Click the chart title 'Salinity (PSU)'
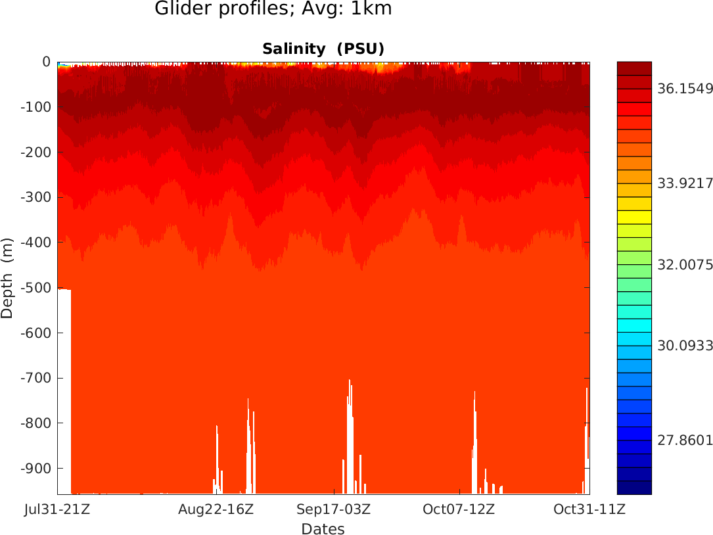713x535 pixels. [x=323, y=49]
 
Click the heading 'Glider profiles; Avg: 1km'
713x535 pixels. [x=273, y=9]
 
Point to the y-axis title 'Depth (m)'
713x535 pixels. [x=7, y=277]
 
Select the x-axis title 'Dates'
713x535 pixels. [x=323, y=529]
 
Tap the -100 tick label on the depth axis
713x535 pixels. [x=37, y=107]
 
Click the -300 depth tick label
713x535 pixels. [x=37, y=197]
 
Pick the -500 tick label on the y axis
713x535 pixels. [x=37, y=288]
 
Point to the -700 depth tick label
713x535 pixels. [x=37, y=378]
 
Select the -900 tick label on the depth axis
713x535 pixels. [x=37, y=468]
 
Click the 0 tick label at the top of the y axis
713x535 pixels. [x=46, y=62]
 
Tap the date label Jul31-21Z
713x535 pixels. [x=57, y=509]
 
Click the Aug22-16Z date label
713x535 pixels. [x=216, y=509]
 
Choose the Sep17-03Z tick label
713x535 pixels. [x=334, y=509]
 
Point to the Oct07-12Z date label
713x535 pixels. [x=459, y=509]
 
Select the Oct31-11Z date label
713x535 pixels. [x=589, y=509]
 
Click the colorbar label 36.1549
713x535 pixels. [x=685, y=89]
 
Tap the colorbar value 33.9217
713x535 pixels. [x=685, y=183]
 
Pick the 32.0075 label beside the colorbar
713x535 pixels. [x=685, y=266]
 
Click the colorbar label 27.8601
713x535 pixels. [x=685, y=440]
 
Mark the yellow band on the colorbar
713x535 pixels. [x=634, y=217]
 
